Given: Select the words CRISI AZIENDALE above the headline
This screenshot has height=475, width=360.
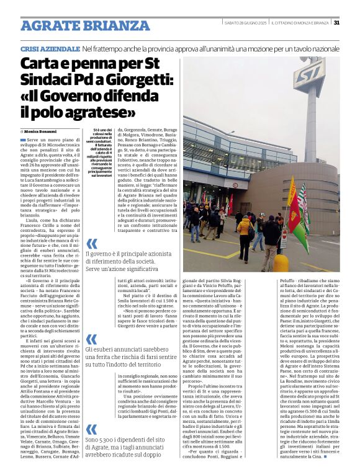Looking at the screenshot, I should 49,48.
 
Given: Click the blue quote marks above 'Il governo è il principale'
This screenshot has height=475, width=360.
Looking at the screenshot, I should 91,244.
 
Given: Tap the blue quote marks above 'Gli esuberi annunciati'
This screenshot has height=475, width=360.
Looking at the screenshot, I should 91,339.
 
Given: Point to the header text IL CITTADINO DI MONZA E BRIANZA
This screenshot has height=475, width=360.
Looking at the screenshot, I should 300,23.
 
